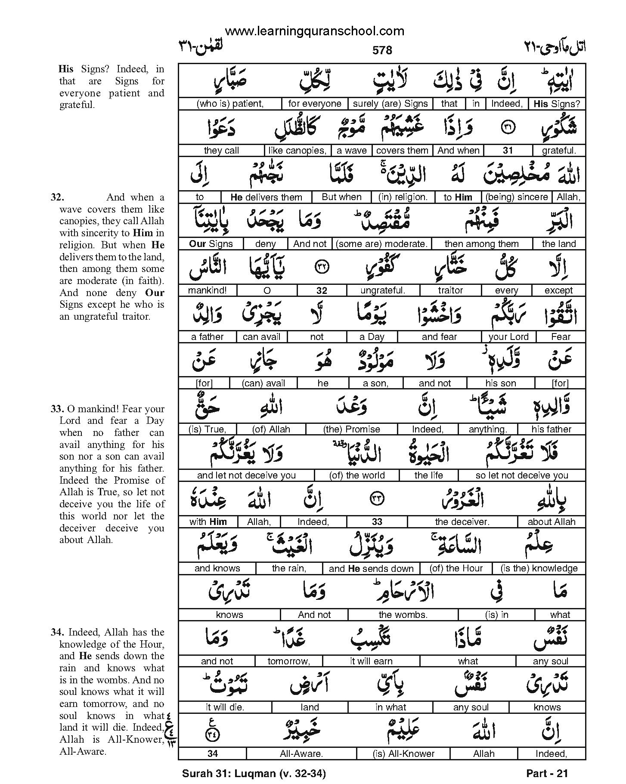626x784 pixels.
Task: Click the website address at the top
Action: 314,31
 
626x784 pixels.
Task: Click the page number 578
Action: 382,50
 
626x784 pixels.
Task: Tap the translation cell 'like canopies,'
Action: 297,151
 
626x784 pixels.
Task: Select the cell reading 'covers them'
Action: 402,151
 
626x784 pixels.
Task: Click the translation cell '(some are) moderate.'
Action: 381,244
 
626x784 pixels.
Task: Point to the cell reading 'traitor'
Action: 450,290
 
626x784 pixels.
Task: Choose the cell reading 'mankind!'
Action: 207,290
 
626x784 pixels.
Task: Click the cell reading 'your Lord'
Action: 508,337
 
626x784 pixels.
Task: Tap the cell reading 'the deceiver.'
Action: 462,522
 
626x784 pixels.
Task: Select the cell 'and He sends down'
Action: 371,568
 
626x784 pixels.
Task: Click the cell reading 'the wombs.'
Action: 403,615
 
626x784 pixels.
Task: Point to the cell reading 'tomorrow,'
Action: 288,661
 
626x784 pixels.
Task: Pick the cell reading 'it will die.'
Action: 225,707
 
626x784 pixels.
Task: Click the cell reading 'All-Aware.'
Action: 301,754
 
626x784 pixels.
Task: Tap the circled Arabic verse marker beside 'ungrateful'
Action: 322,266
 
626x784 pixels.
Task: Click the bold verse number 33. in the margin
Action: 57,409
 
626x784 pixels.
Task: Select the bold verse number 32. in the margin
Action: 57,198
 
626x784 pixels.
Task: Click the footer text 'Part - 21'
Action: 547,774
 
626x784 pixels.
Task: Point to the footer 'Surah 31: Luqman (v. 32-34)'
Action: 254,774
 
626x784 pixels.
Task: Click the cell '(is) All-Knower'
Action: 403,754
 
